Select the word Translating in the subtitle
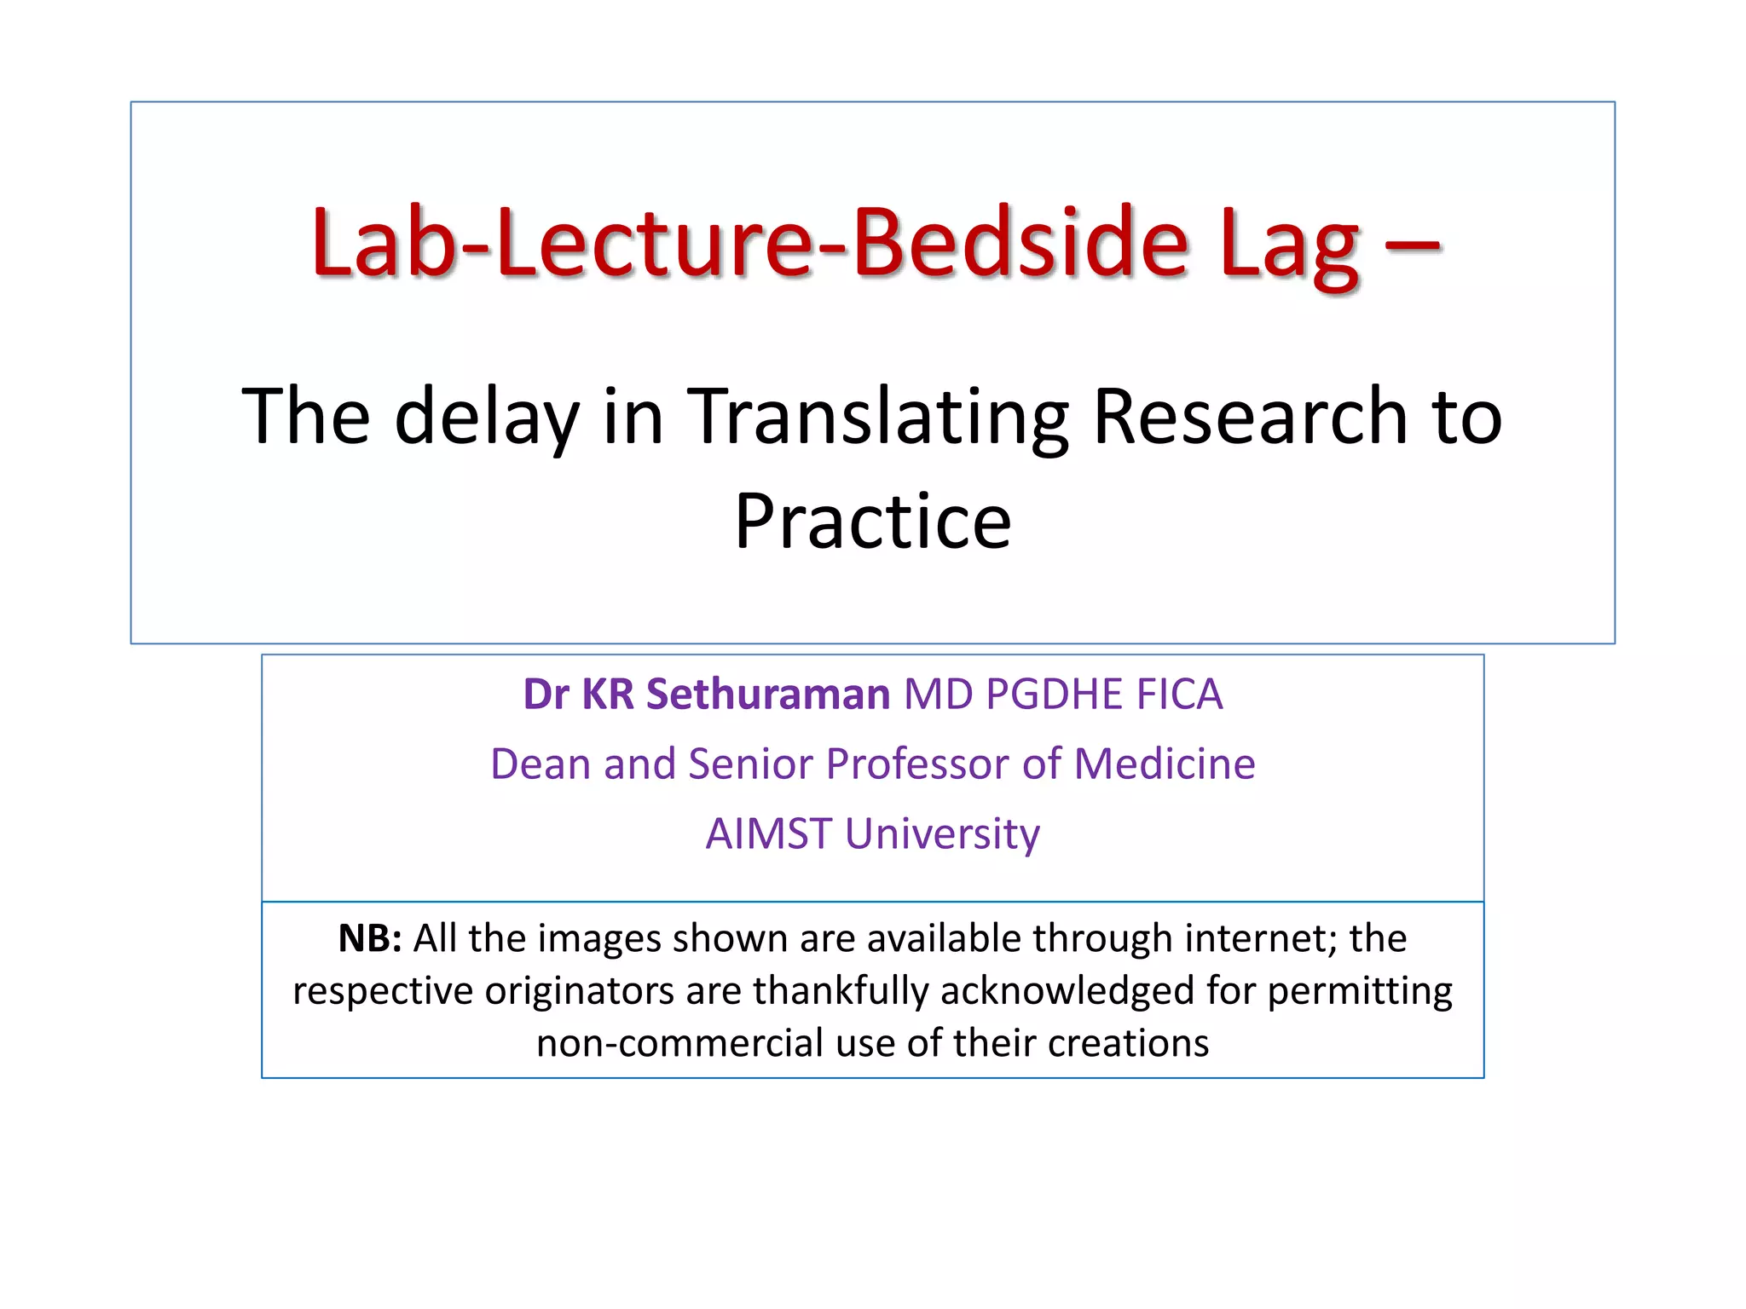click(x=877, y=418)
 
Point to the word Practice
click(x=873, y=522)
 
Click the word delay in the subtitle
click(x=487, y=418)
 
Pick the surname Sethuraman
click(x=768, y=694)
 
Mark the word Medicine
click(x=1165, y=764)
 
